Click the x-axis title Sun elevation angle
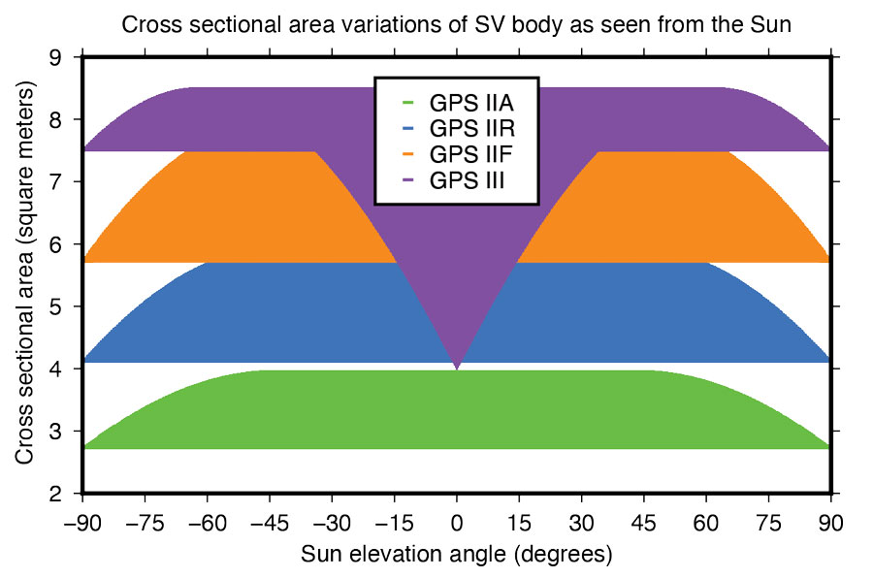tap(457, 555)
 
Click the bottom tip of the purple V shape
tap(457, 369)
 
